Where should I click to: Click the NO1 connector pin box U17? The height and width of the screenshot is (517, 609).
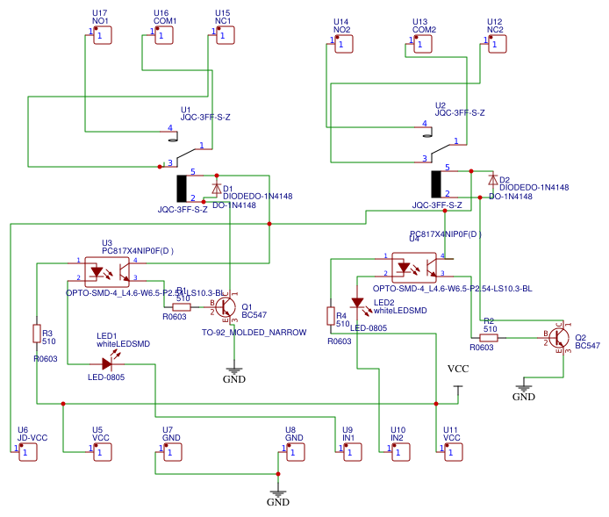[102, 35]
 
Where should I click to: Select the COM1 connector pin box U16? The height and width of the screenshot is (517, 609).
[164, 35]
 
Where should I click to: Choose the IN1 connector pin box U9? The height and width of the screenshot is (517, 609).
[351, 452]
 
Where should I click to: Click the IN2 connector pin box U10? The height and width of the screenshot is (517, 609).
[400, 452]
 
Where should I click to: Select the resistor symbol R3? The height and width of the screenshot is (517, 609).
[37, 334]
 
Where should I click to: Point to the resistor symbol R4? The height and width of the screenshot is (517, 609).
[331, 316]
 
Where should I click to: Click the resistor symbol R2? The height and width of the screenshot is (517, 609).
[489, 337]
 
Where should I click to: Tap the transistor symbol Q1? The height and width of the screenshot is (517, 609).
[225, 307]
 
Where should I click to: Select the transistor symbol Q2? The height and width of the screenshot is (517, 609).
[556, 337]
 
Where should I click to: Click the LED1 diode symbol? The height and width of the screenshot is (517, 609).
[106, 363]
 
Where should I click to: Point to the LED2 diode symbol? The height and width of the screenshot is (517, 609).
[357, 303]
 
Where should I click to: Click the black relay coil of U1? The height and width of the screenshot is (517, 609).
[183, 188]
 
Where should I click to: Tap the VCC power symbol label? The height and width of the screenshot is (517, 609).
[458, 370]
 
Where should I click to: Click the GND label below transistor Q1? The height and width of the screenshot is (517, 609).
[234, 379]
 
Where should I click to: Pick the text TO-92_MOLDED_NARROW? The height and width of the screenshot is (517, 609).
[254, 333]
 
